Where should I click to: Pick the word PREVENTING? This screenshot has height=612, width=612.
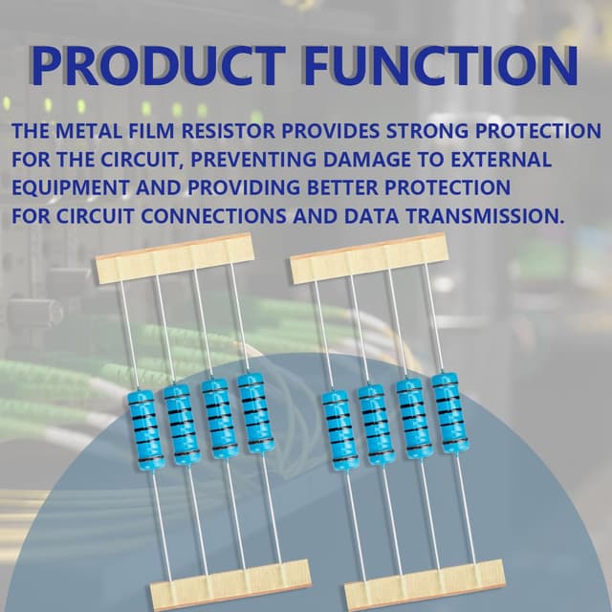click(255, 159)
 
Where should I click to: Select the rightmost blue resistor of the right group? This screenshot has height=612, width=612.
click(446, 412)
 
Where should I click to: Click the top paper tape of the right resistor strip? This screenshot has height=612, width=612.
click(368, 257)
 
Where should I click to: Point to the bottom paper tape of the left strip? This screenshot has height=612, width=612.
click(229, 582)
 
